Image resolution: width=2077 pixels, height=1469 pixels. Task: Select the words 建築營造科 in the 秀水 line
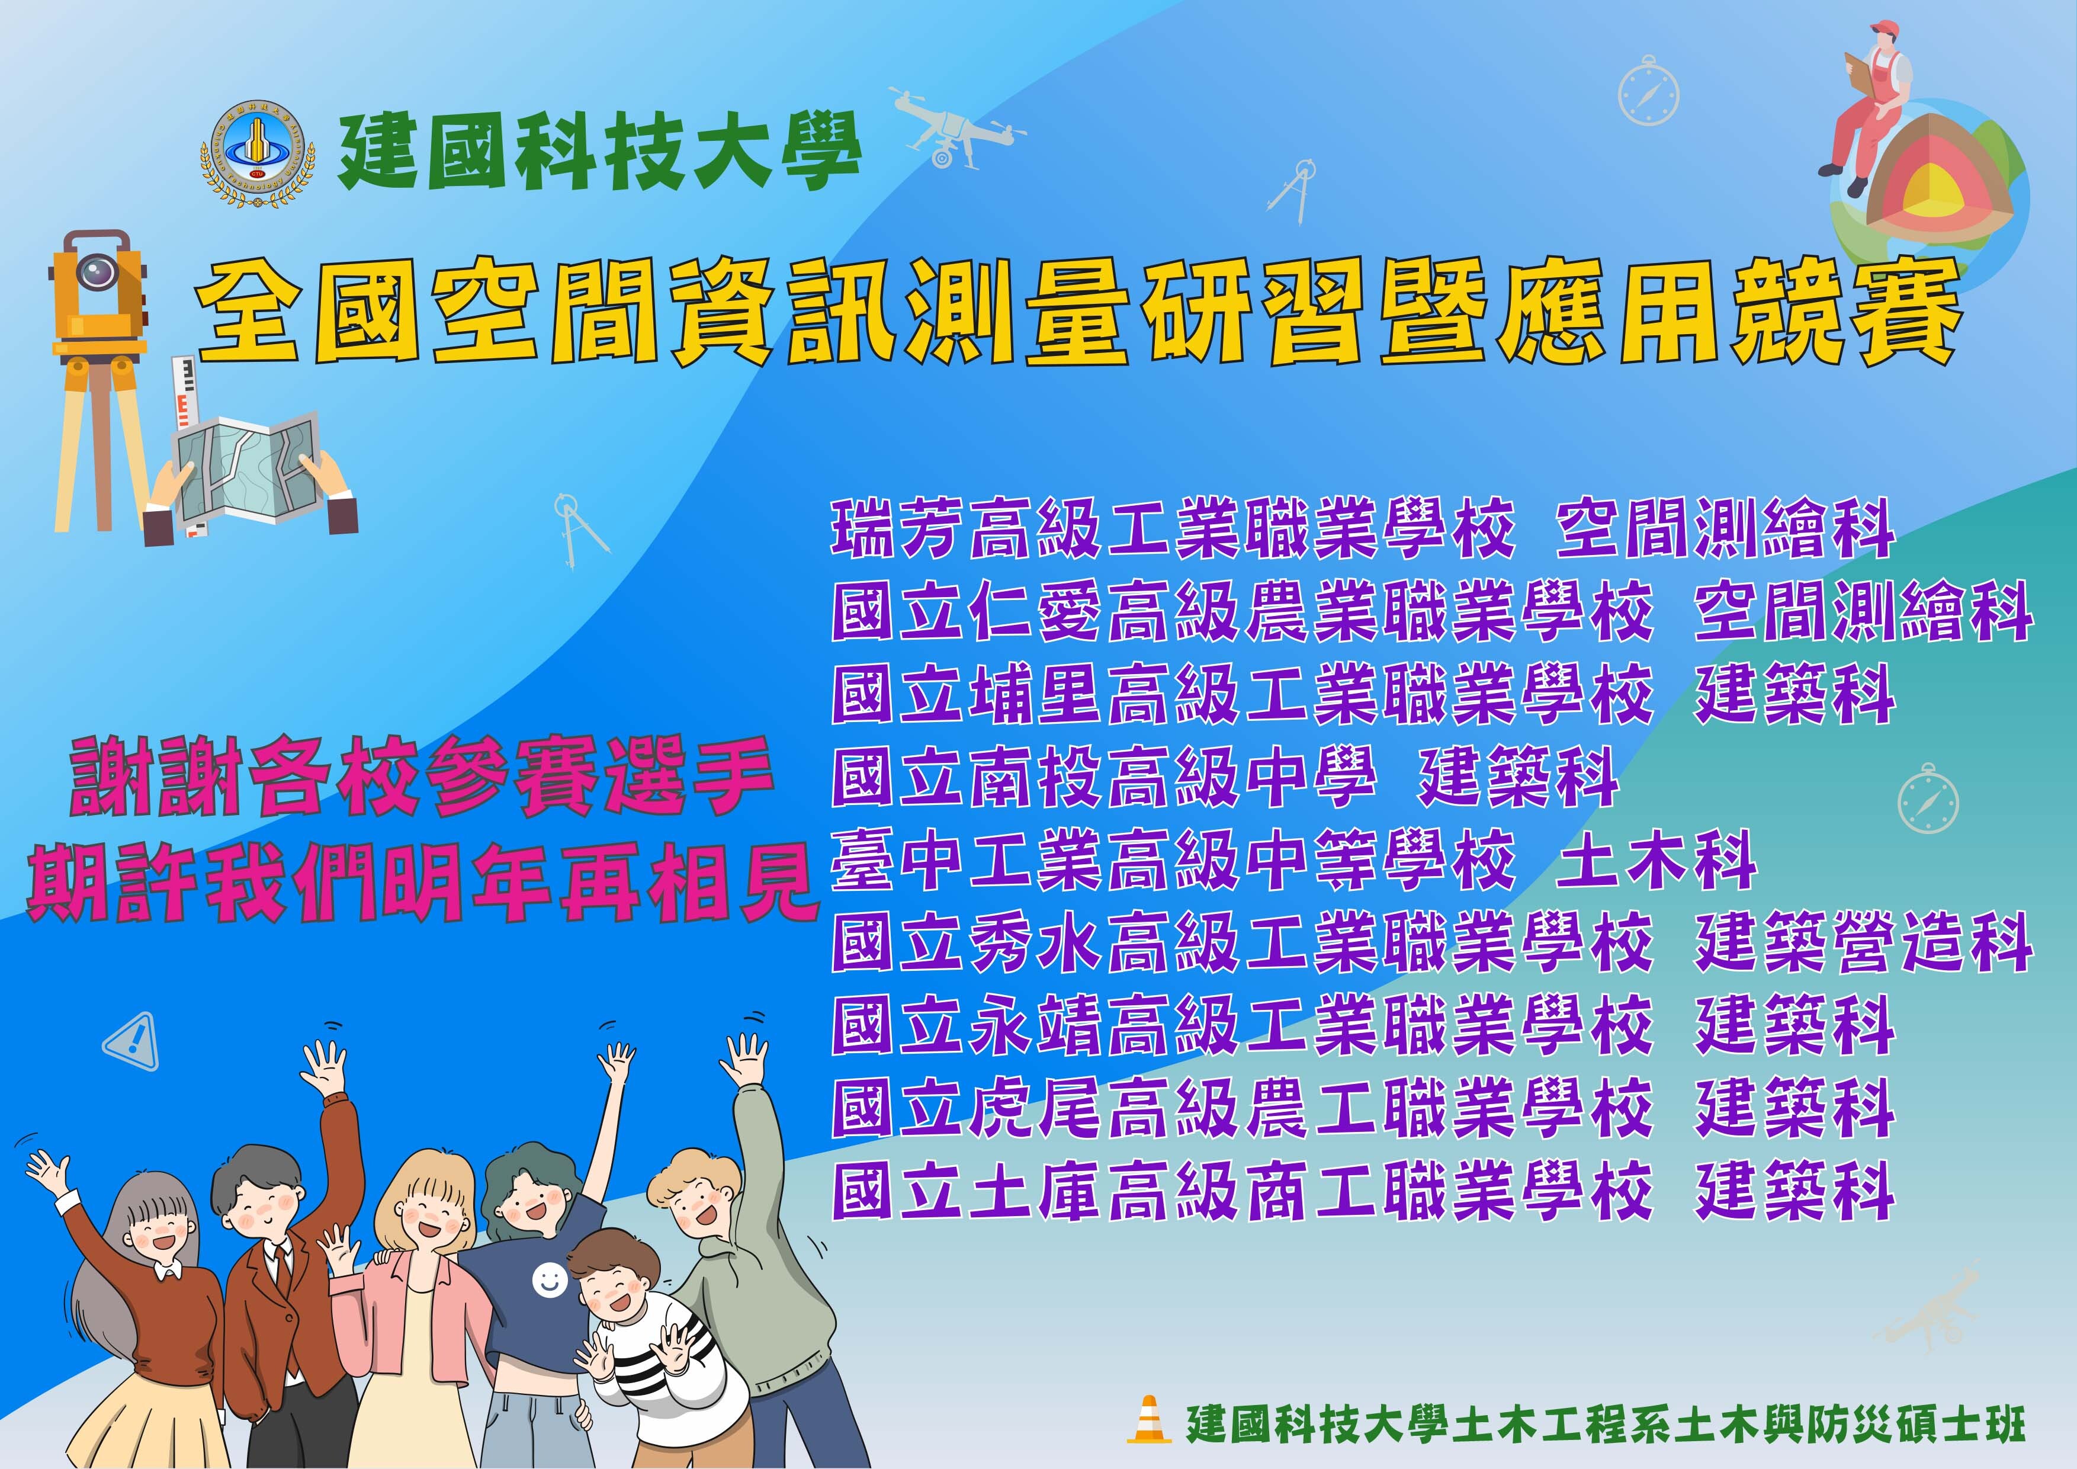[x=1864, y=944]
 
